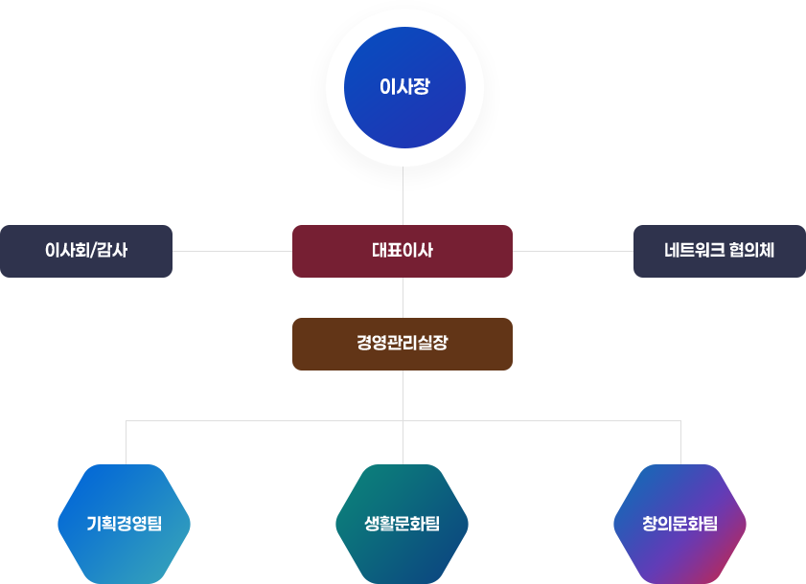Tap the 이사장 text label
click(x=403, y=87)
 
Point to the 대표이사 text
click(x=403, y=252)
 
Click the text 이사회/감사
click(x=86, y=252)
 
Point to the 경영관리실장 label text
click(x=403, y=344)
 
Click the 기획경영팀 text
click(x=125, y=524)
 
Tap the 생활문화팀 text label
click(x=403, y=524)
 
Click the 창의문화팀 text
click(x=680, y=524)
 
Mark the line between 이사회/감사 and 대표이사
click(x=232, y=252)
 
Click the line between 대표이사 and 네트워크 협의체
click(x=573, y=252)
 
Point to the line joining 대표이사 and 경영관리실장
click(x=403, y=298)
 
